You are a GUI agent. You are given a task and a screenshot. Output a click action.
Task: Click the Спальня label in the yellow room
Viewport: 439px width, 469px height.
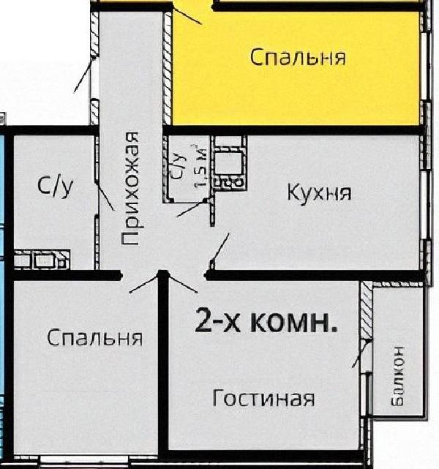click(297, 57)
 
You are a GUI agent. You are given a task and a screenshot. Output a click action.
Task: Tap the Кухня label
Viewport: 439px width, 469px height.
click(318, 192)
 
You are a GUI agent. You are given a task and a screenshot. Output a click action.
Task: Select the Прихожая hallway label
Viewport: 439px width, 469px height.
click(130, 188)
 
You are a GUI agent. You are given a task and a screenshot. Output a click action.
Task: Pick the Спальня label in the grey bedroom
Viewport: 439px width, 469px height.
click(94, 338)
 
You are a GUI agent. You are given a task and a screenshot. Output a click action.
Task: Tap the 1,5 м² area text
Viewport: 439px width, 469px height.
click(200, 168)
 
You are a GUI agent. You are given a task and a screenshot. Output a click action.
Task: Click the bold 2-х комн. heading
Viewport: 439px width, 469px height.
click(266, 321)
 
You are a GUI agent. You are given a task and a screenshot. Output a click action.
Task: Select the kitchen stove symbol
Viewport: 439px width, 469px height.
click(233, 168)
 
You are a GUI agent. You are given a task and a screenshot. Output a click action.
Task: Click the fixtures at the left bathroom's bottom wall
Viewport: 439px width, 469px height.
click(42, 258)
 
